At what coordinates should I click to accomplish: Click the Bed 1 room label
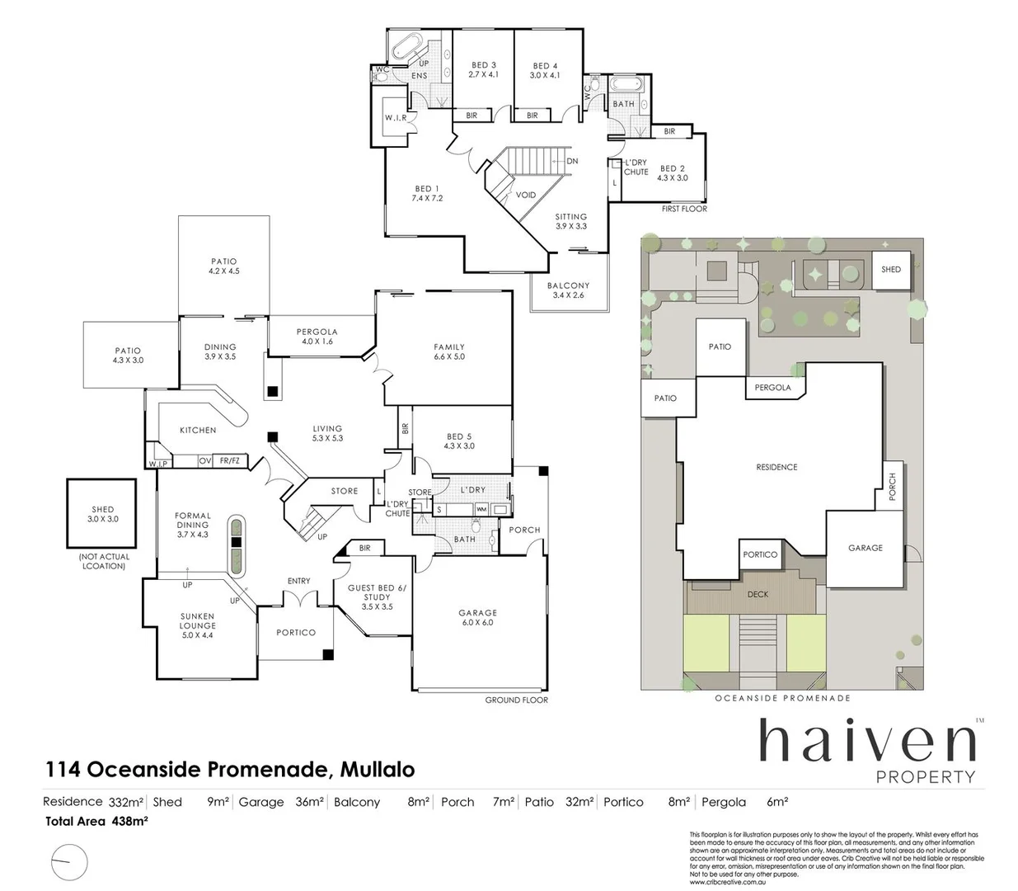(x=427, y=194)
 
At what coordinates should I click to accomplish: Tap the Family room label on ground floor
(x=449, y=352)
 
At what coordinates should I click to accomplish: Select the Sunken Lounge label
(x=197, y=625)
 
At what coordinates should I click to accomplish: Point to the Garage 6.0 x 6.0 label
(x=477, y=618)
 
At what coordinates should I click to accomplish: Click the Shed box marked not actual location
(x=102, y=514)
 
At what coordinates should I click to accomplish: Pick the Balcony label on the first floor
(x=568, y=290)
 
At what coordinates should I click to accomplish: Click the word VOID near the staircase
(x=525, y=196)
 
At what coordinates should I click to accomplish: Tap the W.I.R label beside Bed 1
(x=396, y=118)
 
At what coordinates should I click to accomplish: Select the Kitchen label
(x=198, y=430)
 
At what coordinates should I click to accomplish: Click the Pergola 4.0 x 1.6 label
(x=317, y=336)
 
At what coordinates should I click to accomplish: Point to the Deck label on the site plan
(x=758, y=594)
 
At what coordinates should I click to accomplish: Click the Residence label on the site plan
(x=776, y=467)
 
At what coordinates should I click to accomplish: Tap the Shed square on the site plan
(x=891, y=270)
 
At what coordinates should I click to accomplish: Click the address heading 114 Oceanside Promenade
(x=230, y=770)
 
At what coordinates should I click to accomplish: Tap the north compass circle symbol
(x=68, y=863)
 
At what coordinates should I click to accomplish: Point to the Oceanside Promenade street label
(x=782, y=698)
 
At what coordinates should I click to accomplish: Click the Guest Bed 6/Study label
(x=377, y=597)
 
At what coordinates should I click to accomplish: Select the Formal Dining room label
(x=193, y=525)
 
